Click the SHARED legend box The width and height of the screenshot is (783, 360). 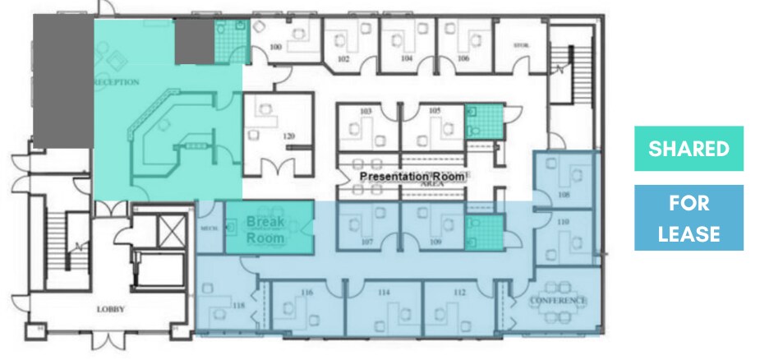(x=689, y=149)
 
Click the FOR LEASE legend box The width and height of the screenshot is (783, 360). (x=689, y=218)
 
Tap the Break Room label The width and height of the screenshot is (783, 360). (x=265, y=230)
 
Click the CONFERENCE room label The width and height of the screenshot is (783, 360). (x=559, y=301)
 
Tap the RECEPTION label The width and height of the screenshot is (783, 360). (x=117, y=82)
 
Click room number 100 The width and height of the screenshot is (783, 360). (x=276, y=48)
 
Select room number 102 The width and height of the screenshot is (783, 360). (x=343, y=59)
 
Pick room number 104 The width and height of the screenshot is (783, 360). (x=406, y=59)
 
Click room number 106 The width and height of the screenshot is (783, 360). (x=463, y=59)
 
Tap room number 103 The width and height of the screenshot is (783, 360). (x=366, y=111)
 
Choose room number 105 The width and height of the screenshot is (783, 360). (x=435, y=111)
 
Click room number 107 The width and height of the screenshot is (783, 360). (x=366, y=242)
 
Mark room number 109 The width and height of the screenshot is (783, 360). (x=435, y=242)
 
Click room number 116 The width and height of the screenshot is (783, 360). (x=307, y=292)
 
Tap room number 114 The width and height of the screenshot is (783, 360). (x=383, y=292)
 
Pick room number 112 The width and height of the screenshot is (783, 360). (x=459, y=292)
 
